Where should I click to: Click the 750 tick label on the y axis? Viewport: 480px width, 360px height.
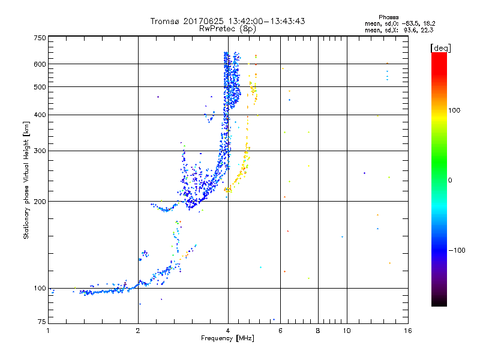[40, 38]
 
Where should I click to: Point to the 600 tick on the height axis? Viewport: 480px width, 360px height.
[40, 64]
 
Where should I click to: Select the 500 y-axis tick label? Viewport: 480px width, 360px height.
[40, 87]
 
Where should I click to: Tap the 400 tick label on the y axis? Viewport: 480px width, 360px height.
[40, 115]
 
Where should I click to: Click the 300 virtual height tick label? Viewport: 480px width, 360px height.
[40, 151]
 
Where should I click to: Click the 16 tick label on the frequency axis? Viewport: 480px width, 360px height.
[407, 331]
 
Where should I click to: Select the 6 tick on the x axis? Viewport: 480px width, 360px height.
[280, 331]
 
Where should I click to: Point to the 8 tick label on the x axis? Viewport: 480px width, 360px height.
[318, 331]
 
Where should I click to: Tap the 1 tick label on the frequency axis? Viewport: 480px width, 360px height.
[49, 331]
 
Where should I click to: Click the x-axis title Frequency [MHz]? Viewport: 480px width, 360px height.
[227, 339]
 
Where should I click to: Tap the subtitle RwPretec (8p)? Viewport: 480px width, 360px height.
[228, 28]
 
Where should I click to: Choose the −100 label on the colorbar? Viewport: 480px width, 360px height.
[457, 250]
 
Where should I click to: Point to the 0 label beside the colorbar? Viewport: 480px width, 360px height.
[450, 180]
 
